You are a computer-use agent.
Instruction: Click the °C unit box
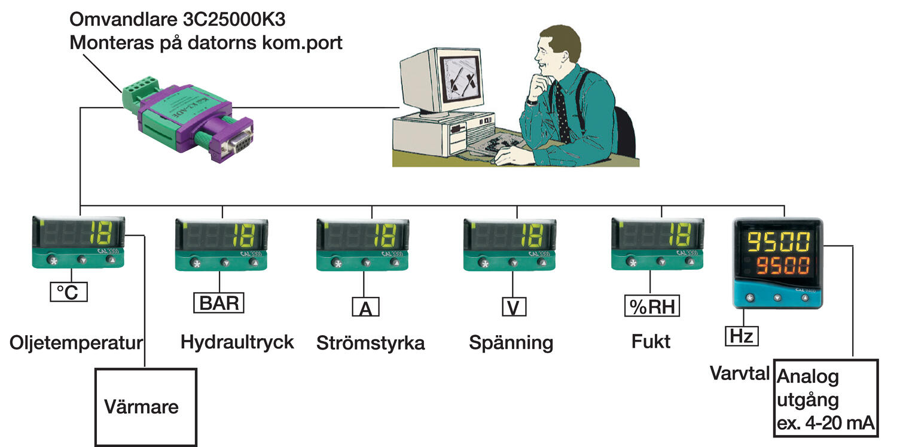point(68,292)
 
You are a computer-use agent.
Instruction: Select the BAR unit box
point(219,302)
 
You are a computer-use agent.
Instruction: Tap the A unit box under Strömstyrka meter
point(365,308)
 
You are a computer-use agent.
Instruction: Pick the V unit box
point(513,307)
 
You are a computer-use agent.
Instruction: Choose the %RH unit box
point(652,307)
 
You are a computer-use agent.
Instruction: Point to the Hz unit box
point(742,336)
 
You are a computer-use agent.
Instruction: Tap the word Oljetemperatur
point(77,343)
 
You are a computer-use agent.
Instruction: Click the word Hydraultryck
point(237,342)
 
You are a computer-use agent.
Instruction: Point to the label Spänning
point(511,343)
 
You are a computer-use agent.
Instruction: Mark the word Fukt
point(651,342)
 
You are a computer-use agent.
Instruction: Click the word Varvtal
point(740,373)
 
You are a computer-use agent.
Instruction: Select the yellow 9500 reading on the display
point(777,242)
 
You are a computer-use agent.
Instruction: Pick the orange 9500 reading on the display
point(777,265)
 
